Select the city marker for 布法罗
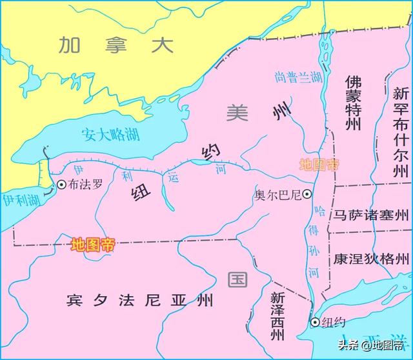pos(62,184)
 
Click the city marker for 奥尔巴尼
pos(308,194)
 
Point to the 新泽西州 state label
pos(277,316)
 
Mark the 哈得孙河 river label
pos(314,242)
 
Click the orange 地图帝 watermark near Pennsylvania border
pos(93,245)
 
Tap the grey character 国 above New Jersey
pos(237,279)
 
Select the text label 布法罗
pos(86,184)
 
